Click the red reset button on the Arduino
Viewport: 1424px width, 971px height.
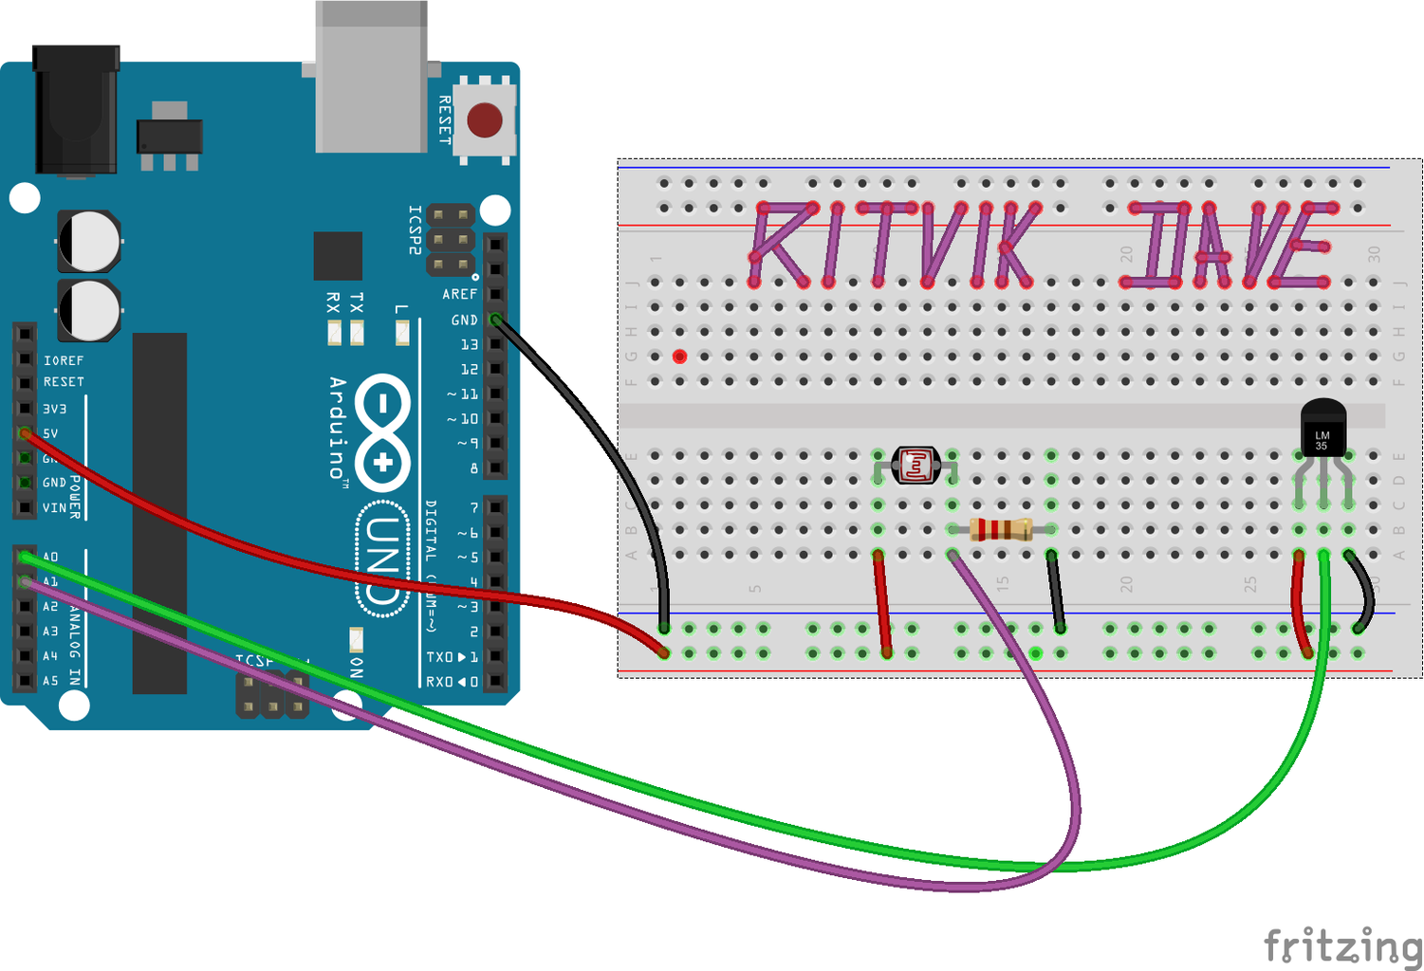[485, 120]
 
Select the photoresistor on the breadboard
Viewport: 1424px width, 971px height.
[915, 466]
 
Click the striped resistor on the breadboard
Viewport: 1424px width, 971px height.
[1001, 530]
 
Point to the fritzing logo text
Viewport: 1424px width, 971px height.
[1342, 945]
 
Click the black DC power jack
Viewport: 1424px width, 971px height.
[75, 109]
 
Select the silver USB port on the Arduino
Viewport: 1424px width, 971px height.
[371, 76]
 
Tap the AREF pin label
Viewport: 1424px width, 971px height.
[459, 295]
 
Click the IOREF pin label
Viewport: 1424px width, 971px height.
[64, 360]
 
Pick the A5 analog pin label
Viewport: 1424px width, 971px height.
[50, 681]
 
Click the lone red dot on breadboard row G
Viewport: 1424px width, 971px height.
[679, 357]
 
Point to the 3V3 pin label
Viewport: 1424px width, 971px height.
[55, 409]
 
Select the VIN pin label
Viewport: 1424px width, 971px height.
[54, 508]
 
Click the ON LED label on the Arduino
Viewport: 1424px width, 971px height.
[356, 667]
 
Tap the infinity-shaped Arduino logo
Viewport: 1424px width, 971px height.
[383, 431]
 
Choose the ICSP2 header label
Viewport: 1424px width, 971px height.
[415, 229]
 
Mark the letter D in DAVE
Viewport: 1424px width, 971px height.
[1154, 245]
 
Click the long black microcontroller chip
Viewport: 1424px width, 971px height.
[159, 512]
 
